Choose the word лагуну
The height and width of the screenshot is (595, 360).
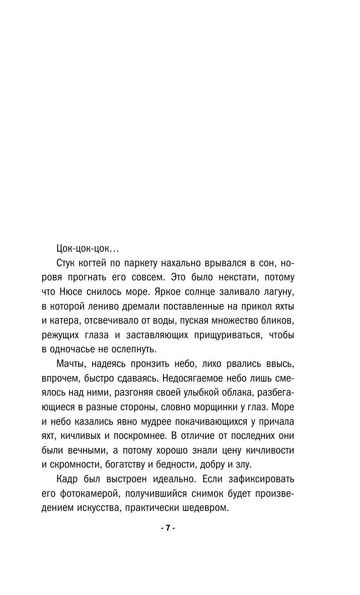coord(278,292)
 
